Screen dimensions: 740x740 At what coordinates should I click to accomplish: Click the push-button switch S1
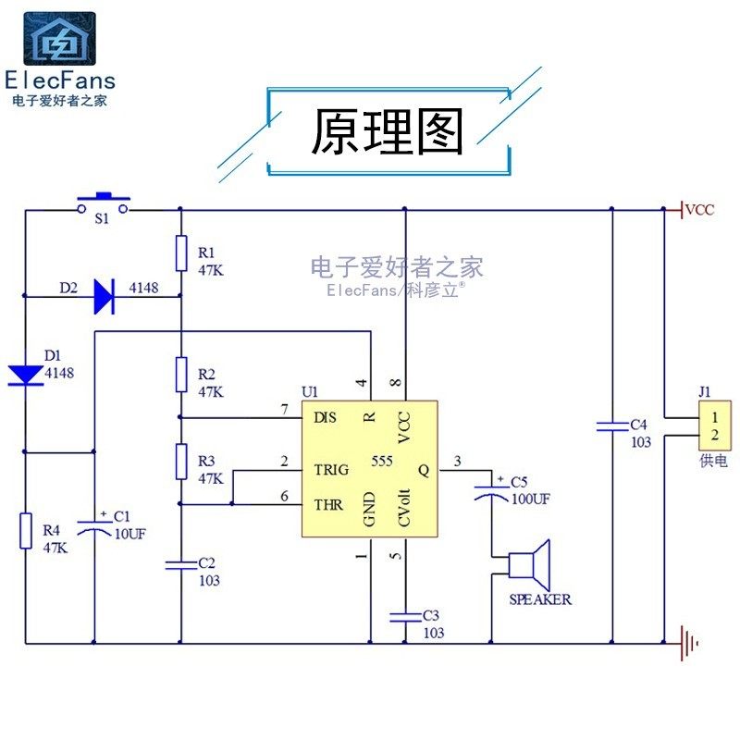pyautogui.click(x=104, y=203)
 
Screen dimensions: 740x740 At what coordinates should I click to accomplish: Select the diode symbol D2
pyautogui.click(x=105, y=296)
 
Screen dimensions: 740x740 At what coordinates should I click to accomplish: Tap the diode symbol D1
pyautogui.click(x=26, y=376)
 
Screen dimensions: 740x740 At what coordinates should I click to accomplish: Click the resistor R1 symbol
pyautogui.click(x=181, y=253)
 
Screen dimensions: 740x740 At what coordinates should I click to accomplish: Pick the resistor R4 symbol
pyautogui.click(x=26, y=531)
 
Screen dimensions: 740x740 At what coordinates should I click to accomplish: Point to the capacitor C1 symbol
pyautogui.click(x=94, y=527)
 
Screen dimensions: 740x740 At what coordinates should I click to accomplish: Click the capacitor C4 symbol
pyautogui.click(x=612, y=426)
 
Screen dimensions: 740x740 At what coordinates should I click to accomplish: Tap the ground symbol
pyautogui.click(x=689, y=643)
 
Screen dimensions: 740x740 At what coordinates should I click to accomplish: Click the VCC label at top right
pyautogui.click(x=700, y=210)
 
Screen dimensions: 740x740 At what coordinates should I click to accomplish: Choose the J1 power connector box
pyautogui.click(x=715, y=425)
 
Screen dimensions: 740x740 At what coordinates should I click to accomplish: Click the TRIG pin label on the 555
pyautogui.click(x=331, y=470)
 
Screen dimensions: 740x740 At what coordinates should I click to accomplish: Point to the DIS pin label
pyautogui.click(x=326, y=417)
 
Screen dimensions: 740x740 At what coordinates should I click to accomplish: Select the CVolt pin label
pyautogui.click(x=404, y=507)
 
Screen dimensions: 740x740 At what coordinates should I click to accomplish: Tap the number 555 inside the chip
pyautogui.click(x=382, y=461)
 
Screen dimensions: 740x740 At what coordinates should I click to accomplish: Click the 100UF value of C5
pyautogui.click(x=531, y=499)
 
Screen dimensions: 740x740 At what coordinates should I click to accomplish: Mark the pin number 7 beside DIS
pyautogui.click(x=284, y=409)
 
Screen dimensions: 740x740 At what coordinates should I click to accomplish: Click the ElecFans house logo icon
pyautogui.click(x=59, y=39)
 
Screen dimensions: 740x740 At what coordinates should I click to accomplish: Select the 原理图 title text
pyautogui.click(x=387, y=131)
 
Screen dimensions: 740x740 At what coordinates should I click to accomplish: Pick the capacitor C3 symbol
pyautogui.click(x=405, y=617)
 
